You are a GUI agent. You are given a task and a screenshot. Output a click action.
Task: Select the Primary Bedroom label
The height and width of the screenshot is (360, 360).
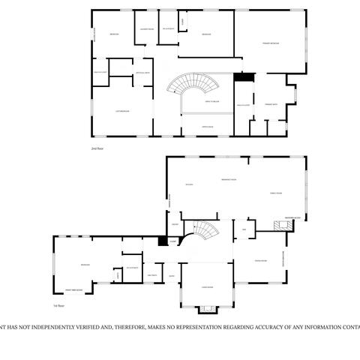pos(271,45)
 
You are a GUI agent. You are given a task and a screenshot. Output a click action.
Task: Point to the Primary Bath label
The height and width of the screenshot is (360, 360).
pos(270,105)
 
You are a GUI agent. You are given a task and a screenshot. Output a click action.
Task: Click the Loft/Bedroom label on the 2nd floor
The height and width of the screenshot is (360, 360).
pos(121,111)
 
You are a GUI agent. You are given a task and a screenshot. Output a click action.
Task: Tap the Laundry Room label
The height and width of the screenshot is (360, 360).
pos(147,29)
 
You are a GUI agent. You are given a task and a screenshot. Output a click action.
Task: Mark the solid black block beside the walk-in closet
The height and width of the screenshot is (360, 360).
pos(241,76)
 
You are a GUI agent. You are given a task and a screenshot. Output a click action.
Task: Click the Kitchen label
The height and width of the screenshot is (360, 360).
pos(189,184)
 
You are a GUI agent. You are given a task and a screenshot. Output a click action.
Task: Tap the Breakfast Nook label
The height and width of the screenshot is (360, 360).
pos(229,180)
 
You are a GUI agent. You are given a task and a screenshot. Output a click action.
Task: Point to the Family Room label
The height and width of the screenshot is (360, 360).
pos(275,193)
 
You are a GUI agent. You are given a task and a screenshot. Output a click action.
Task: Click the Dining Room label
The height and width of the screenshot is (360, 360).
pos(261,261)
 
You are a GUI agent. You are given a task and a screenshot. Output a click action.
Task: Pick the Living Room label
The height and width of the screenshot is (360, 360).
pos(207,286)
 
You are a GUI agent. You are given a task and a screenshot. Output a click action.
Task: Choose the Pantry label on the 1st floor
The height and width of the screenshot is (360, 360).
pos(174,224)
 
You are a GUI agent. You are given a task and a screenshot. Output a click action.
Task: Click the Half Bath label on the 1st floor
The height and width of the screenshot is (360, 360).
pos(152,275)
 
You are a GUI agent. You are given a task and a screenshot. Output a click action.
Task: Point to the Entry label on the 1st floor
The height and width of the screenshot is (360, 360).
pos(172,275)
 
